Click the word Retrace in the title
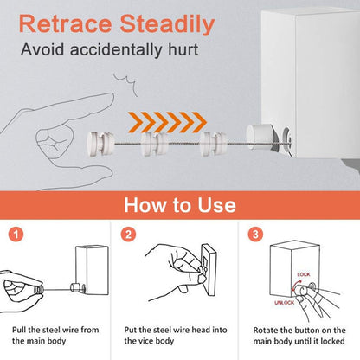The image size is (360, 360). [x=65, y=23]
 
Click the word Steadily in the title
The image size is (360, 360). [x=167, y=25]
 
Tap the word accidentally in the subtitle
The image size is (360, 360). [x=116, y=49]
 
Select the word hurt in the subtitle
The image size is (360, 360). [x=183, y=49]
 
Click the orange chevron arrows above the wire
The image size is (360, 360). [x=167, y=122]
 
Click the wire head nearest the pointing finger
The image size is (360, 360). [x=100, y=143]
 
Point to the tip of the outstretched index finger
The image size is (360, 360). [x=113, y=97]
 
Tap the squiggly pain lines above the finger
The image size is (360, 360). [x=125, y=84]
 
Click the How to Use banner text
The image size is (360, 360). [x=180, y=205]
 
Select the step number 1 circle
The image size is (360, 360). [x=16, y=234]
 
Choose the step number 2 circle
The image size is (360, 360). [x=128, y=234]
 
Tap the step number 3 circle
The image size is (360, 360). [x=255, y=234]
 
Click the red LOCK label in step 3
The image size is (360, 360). [x=304, y=274]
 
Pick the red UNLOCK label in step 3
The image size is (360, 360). [x=284, y=302]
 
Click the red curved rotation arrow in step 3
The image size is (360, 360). [x=295, y=287]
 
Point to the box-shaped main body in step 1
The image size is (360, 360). [x=93, y=270]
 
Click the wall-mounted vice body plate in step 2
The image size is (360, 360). [x=209, y=270]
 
